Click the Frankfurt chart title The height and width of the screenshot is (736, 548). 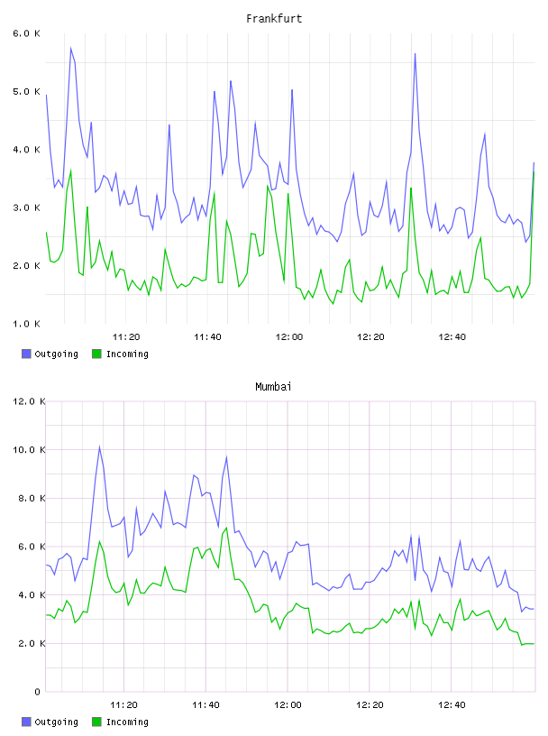point(274,19)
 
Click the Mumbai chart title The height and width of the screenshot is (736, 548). point(273,387)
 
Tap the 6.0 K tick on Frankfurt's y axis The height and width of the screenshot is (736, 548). point(27,33)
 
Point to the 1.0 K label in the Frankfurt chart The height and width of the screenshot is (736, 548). point(27,324)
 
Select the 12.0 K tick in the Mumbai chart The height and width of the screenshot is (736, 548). point(29,401)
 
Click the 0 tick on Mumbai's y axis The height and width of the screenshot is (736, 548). point(38,692)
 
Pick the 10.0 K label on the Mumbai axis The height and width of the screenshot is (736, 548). point(29,450)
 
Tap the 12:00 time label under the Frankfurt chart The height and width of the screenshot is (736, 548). point(289,337)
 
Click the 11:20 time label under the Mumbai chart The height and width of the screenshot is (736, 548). point(123,705)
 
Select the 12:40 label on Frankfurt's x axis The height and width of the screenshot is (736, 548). point(452,337)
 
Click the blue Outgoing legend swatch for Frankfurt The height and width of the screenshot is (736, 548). point(26,354)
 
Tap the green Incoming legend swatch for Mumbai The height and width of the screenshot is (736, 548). point(96,722)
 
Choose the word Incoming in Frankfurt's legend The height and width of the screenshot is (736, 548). point(128,354)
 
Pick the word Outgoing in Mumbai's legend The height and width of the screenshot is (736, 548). point(56,722)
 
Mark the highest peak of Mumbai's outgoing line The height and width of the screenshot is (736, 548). point(99,446)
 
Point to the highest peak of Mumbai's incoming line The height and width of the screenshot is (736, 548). point(226,528)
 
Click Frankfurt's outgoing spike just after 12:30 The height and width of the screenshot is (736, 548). point(416,53)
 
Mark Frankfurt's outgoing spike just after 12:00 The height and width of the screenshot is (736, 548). point(292,89)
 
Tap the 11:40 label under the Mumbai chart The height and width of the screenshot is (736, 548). point(206,705)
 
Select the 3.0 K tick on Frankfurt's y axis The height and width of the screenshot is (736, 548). point(27,208)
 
